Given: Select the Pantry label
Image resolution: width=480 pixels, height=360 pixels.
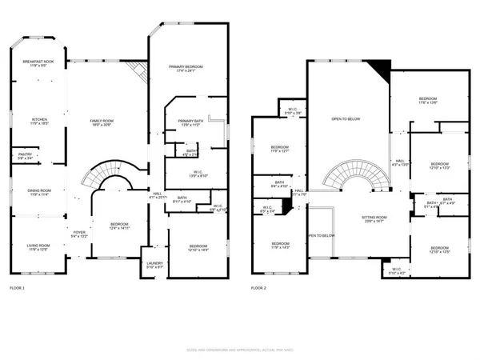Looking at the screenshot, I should pyautogui.click(x=24, y=157).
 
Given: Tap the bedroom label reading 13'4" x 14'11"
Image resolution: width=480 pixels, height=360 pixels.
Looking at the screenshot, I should pyautogui.click(x=118, y=226).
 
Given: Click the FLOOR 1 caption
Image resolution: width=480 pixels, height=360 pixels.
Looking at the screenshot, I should pyautogui.click(x=18, y=288).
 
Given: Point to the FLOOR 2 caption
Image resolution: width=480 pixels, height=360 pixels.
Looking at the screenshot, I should pyautogui.click(x=258, y=288).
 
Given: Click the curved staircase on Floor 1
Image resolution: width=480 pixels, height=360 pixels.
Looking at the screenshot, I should pyautogui.click(x=109, y=176).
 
